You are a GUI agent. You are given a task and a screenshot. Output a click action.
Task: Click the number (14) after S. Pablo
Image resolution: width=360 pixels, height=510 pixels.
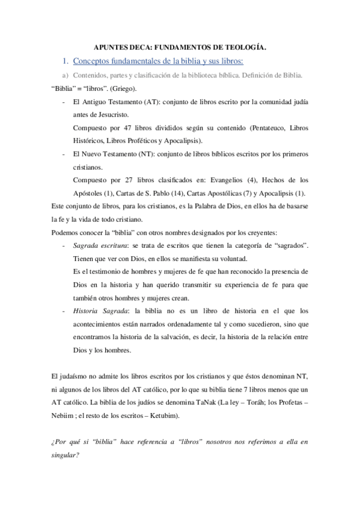tap(172, 193)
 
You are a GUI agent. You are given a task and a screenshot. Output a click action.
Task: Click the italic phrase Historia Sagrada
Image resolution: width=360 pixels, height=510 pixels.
tap(98, 311)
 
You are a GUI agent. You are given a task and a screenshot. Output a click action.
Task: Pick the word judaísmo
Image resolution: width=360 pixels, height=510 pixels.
tap(72, 377)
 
